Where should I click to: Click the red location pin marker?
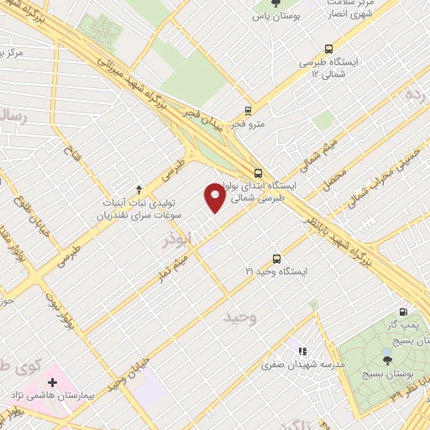[x=215, y=198]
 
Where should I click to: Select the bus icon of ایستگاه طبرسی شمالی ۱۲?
[x=327, y=48]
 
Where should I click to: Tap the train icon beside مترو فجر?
[x=248, y=110]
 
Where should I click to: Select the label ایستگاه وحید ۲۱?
[x=276, y=272]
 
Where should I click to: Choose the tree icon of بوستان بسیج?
[x=387, y=360]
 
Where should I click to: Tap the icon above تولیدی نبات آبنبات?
[x=139, y=188]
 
